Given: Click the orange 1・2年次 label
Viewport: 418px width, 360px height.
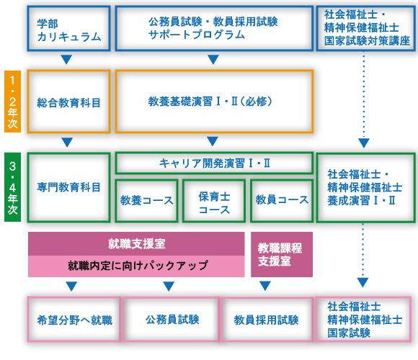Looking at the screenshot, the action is click(x=12, y=102).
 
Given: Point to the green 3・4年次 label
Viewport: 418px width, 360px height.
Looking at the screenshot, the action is click(x=12, y=187).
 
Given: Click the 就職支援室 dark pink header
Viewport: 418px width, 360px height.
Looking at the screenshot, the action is click(x=136, y=243).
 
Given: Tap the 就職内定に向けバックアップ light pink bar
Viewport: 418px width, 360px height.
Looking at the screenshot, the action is click(x=136, y=266).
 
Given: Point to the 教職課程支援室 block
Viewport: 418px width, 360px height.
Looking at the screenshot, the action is click(x=282, y=254).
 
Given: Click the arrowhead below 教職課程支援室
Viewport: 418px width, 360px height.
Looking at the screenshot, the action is click(x=265, y=286).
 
